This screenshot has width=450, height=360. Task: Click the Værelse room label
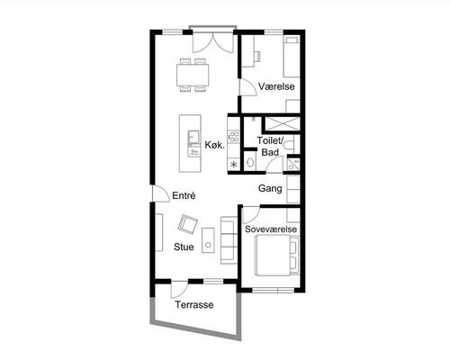click(276, 86)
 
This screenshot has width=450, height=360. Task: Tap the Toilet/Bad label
click(270, 146)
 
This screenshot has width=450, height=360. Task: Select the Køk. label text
click(214, 145)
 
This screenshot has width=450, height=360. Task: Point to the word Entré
click(184, 195)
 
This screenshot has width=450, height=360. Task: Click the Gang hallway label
click(270, 188)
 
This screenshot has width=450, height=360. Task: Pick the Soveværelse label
click(271, 229)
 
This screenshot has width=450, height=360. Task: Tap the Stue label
click(184, 247)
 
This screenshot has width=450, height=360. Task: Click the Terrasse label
click(194, 305)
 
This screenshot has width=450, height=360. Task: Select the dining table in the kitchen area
click(193, 75)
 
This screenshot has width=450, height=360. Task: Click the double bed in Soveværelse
click(276, 255)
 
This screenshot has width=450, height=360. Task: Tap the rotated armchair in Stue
click(188, 224)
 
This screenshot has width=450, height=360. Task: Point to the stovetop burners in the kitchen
click(234, 136)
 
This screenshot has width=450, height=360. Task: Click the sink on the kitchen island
click(194, 137)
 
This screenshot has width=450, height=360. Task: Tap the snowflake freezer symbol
click(233, 164)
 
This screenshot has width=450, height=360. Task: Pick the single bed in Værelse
click(292, 57)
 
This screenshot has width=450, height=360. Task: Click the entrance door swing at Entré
click(160, 193)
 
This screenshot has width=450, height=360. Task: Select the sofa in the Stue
click(229, 240)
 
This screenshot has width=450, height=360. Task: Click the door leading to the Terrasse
click(179, 290)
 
